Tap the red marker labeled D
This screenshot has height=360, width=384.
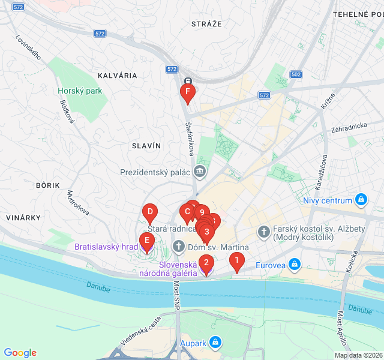click(150, 212)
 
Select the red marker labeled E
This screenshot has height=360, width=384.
click(146, 241)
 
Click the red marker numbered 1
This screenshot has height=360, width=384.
click(237, 261)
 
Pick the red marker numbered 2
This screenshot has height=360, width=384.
click(206, 263)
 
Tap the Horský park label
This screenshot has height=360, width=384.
click(80, 91)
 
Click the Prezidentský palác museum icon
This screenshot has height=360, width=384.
click(200, 172)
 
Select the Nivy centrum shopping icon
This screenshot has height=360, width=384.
click(361, 200)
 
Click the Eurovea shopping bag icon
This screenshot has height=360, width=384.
click(294, 264)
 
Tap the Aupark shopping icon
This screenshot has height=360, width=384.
click(216, 343)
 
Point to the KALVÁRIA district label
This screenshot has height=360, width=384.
click(117, 76)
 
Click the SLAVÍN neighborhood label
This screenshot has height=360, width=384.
click(146, 146)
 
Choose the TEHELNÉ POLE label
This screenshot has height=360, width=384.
click(358, 14)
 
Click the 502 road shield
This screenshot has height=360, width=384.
click(295, 74)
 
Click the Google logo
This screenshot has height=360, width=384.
click(20, 353)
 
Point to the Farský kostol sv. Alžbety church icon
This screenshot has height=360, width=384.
click(263, 231)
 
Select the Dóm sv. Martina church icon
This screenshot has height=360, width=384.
click(178, 247)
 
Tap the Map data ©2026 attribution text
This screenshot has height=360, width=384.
click(358, 355)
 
